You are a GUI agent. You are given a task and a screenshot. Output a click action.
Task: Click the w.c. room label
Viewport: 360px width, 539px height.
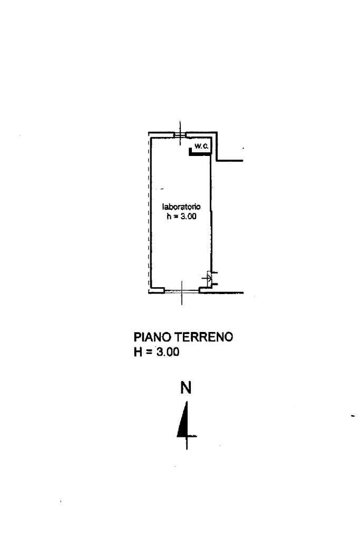201,146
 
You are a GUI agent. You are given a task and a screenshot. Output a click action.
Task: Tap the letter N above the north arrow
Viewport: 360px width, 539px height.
186,388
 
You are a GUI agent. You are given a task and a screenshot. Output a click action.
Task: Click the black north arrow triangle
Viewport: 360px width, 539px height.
183,422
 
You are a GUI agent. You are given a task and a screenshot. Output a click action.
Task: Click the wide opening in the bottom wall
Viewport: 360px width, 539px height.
182,291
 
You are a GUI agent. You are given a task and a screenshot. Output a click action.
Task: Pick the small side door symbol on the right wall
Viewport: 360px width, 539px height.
210,278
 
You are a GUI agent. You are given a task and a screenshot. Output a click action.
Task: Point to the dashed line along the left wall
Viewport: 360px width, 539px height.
148,211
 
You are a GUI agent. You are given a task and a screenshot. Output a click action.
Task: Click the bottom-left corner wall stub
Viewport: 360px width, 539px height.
157,289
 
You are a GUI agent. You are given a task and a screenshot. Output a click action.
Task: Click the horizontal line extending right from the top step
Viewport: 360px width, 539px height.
230,161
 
